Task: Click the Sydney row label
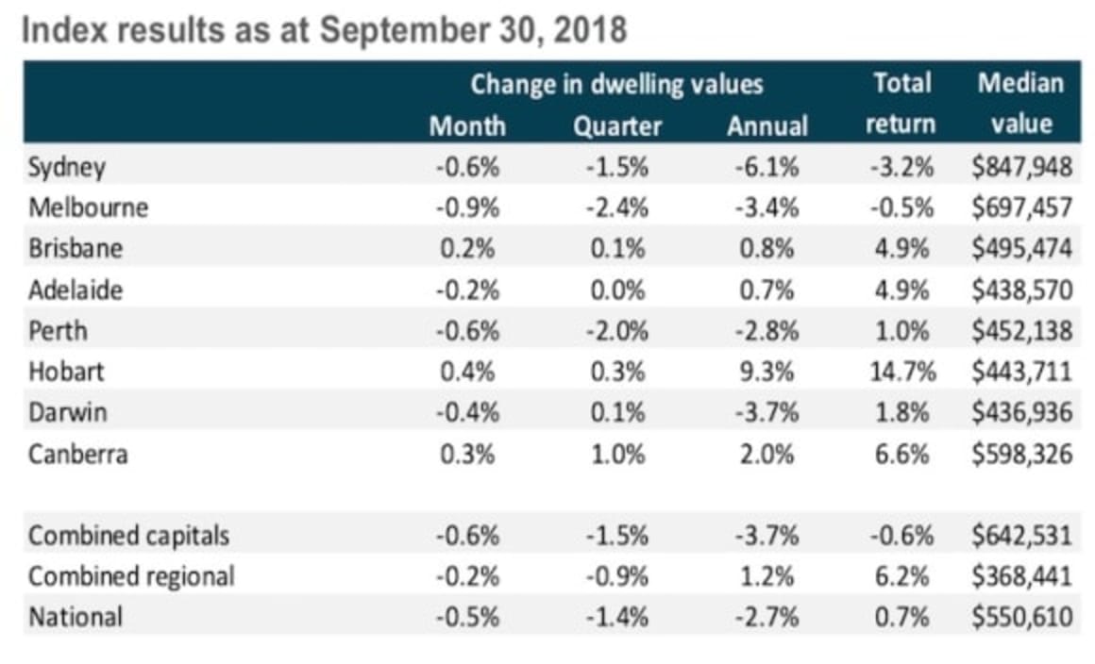coord(67,168)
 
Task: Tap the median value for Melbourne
coord(1021,208)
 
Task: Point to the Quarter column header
coord(617,126)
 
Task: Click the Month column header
coord(467,126)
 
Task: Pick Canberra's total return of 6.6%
coord(903,455)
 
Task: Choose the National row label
coord(76,618)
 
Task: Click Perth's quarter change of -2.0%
coord(617,331)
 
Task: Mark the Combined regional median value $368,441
coord(1021,576)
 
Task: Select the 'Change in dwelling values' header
coord(616,85)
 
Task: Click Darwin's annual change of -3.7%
coord(766,413)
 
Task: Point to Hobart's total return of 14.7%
coord(901,372)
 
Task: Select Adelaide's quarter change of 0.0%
coord(617,290)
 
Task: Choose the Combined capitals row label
coord(128,536)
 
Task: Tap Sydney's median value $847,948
coord(1021,168)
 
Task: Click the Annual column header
coord(766,126)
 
